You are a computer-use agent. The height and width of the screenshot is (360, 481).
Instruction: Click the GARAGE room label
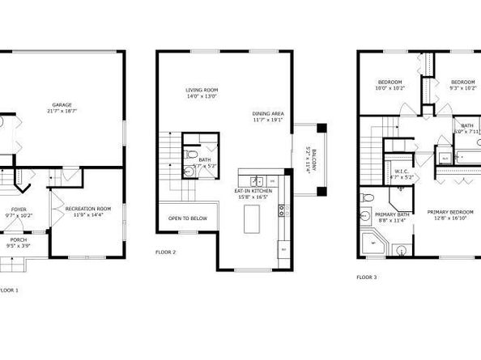point(62,104)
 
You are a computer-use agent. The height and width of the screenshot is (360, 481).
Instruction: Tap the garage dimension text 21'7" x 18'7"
point(62,112)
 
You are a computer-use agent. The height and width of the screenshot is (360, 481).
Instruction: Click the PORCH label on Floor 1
point(18,239)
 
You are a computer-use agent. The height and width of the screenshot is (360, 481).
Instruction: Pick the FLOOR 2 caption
point(165,252)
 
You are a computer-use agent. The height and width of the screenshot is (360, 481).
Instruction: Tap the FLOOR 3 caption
point(367,277)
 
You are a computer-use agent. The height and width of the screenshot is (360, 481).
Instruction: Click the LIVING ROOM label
point(202,90)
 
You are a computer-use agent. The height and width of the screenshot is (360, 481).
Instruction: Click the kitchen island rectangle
point(253,215)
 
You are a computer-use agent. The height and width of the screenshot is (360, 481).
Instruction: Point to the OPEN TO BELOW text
point(188,218)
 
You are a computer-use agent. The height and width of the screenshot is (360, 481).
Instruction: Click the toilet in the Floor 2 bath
point(189,155)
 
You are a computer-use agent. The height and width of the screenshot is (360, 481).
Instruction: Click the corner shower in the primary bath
point(373,241)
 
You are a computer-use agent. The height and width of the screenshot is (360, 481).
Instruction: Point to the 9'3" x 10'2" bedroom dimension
point(462,89)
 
